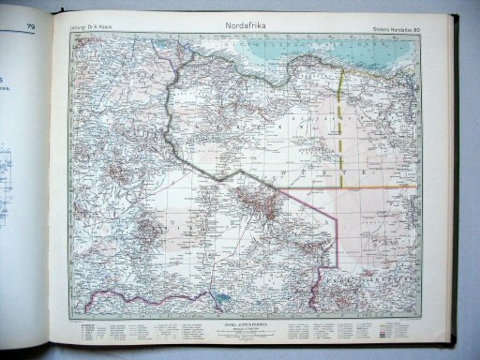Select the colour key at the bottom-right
(394, 332)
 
